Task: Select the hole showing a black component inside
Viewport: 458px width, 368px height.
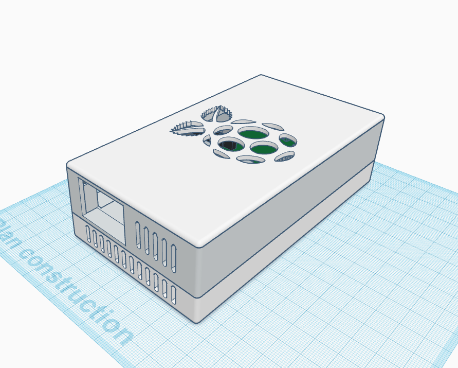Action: coord(230,146)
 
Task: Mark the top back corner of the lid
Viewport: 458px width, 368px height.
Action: coord(261,76)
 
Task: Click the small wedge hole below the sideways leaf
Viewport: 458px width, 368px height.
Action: coord(207,141)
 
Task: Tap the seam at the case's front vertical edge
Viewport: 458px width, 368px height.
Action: coord(197,297)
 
